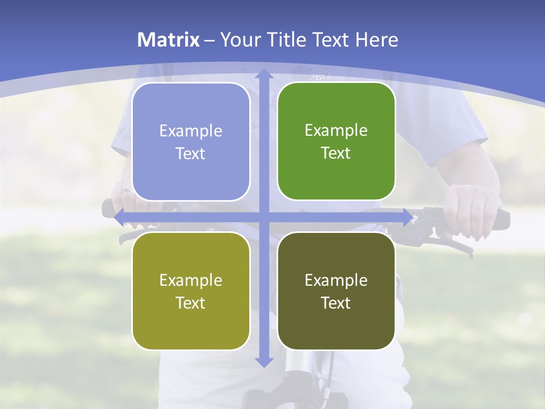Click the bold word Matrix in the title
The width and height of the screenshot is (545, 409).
pyautogui.click(x=169, y=40)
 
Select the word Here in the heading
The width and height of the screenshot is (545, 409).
pyautogui.click(x=377, y=40)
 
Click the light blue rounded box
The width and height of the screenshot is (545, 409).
pyautogui.click(x=191, y=141)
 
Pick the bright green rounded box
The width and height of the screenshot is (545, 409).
pyautogui.click(x=336, y=141)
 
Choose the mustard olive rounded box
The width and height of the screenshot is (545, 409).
pyautogui.click(x=191, y=291)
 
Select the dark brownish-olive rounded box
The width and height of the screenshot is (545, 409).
pyautogui.click(x=336, y=291)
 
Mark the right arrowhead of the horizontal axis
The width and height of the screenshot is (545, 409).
pyautogui.click(x=408, y=216)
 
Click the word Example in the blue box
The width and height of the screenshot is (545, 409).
pyautogui.click(x=191, y=131)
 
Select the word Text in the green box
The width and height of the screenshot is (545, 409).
pyautogui.click(x=336, y=153)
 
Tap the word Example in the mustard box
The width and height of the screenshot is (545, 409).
pyautogui.click(x=191, y=280)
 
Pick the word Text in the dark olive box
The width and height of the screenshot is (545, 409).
pyautogui.click(x=336, y=303)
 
